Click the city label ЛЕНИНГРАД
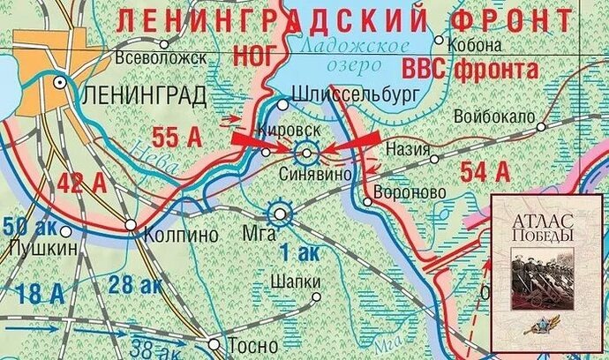pyautogui.click(x=142, y=95)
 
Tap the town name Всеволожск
pyautogui.click(x=161, y=57)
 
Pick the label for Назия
pyautogui.click(x=407, y=151)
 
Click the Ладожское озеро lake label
pyautogui.click(x=354, y=53)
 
